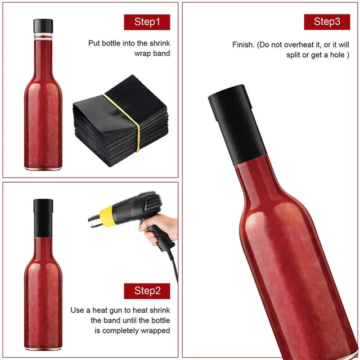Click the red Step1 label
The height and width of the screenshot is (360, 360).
[147, 22]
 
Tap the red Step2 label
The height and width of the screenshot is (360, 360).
[147, 291]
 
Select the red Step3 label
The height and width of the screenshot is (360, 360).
[327, 22]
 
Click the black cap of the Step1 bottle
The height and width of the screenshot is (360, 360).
[42, 26]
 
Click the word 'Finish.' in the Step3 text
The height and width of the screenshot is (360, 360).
[243, 45]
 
